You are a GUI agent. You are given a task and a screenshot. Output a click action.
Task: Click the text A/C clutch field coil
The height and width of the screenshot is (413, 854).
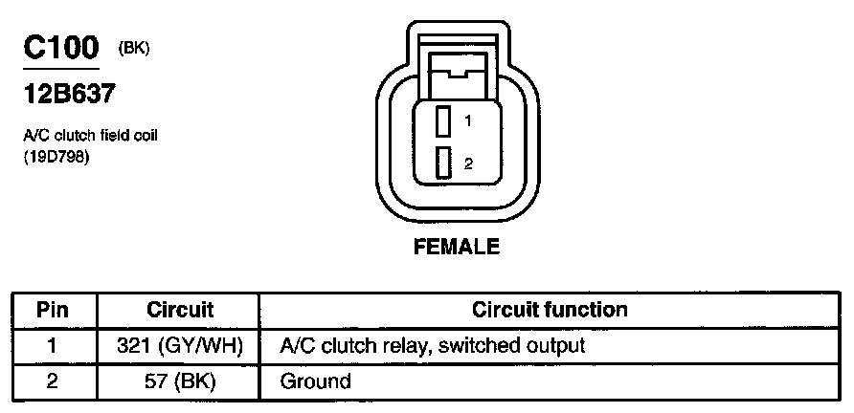89,136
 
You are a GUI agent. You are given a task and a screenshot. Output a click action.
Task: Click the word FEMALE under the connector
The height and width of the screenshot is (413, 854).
456,248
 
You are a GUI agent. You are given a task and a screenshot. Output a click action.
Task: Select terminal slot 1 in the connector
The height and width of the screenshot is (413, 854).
442,121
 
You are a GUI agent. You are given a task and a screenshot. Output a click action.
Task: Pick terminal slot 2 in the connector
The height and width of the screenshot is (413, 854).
442,163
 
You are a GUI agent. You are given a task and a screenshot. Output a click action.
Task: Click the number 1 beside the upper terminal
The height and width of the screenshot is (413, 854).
467,121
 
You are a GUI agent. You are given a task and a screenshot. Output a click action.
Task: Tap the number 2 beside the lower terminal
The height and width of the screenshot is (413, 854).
467,163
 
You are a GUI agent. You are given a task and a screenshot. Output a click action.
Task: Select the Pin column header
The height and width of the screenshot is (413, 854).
52,310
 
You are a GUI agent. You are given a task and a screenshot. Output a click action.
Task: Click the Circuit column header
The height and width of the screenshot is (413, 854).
180,310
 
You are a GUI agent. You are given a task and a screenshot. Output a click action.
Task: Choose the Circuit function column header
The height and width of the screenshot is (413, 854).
550,310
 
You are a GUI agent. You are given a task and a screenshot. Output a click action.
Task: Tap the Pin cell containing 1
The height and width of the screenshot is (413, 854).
52,344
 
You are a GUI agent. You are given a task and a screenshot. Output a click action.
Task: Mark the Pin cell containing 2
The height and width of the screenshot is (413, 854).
52,381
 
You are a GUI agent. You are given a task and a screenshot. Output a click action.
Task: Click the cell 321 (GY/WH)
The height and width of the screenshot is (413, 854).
180,344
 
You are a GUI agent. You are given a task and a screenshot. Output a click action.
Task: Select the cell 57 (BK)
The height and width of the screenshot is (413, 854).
180,381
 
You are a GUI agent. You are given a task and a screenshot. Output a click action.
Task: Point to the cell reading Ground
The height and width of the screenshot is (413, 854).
315,381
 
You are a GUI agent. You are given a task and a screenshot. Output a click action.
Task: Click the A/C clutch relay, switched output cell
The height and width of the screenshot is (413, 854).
432,344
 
